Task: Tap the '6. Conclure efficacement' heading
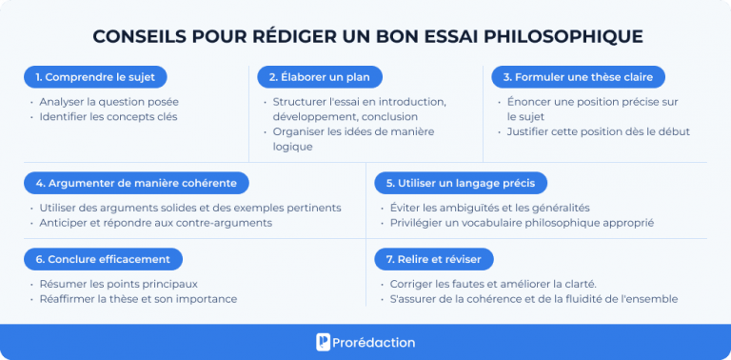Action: point(102,259)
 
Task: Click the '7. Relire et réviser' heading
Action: point(433,259)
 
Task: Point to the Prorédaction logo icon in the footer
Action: point(324,342)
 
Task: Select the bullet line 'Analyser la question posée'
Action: point(109,102)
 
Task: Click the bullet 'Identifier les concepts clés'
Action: point(108,116)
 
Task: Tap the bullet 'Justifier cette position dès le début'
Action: point(598,131)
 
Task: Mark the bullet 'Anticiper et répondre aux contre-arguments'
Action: point(155,223)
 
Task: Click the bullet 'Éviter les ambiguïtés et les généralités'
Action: point(489,208)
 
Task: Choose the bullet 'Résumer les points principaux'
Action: point(118,284)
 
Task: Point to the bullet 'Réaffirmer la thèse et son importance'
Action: point(138,299)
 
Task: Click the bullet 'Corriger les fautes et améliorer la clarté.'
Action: point(493,284)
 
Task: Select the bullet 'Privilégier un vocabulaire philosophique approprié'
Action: point(522,223)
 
